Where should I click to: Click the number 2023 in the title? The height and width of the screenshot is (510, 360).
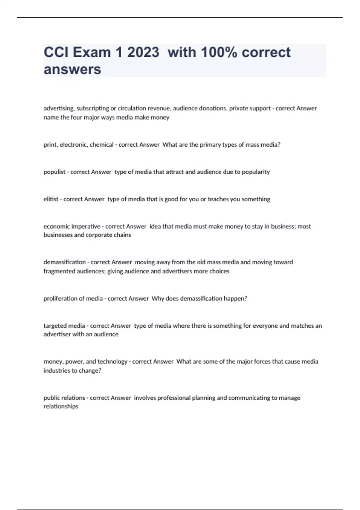pyautogui.click(x=143, y=52)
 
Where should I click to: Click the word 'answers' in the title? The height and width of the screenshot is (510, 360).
pyautogui.click(x=72, y=69)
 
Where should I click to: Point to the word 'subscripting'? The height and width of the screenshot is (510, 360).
pyautogui.click(x=93, y=108)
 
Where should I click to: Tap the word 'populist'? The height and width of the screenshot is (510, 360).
pyautogui.click(x=54, y=172)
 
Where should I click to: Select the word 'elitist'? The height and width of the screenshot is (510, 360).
pyautogui.click(x=51, y=199)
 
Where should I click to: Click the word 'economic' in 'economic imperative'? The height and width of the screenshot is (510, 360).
pyautogui.click(x=56, y=226)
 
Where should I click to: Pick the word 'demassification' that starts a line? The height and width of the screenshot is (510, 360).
pyautogui.click(x=64, y=262)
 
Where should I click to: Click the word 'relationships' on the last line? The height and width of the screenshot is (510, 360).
pyautogui.click(x=61, y=406)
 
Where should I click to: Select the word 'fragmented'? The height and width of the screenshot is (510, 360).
pyautogui.click(x=58, y=271)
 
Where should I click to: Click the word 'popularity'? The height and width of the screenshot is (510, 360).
pyautogui.click(x=256, y=172)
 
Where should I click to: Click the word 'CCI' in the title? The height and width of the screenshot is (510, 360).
pyautogui.click(x=56, y=52)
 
